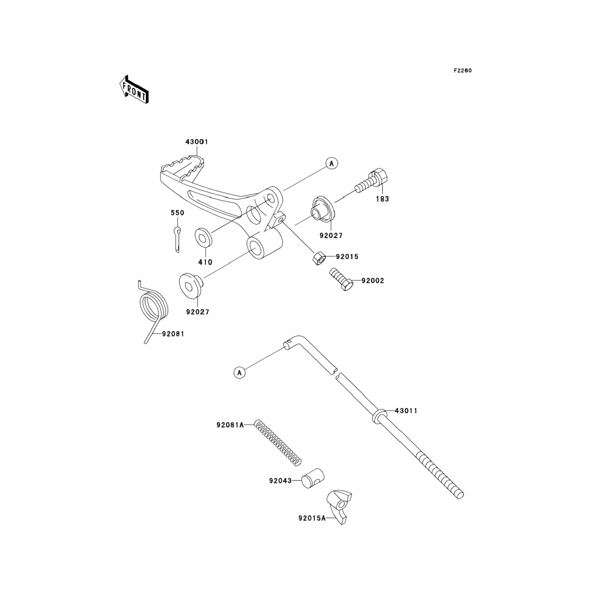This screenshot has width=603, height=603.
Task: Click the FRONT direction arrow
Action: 134,89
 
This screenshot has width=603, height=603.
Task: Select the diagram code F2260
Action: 463,71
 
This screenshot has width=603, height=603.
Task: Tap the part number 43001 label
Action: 197,142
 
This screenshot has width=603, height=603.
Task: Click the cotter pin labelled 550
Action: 177,240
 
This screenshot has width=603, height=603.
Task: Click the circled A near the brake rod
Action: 240,373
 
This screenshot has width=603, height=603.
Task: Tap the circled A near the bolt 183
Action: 332,163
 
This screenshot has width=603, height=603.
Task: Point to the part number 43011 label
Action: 406,411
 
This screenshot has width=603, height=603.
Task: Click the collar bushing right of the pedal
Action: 323,209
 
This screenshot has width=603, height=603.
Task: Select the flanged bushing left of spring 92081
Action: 190,285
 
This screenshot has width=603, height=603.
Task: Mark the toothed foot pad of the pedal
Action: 183,165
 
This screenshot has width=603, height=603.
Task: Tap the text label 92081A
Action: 230,425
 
